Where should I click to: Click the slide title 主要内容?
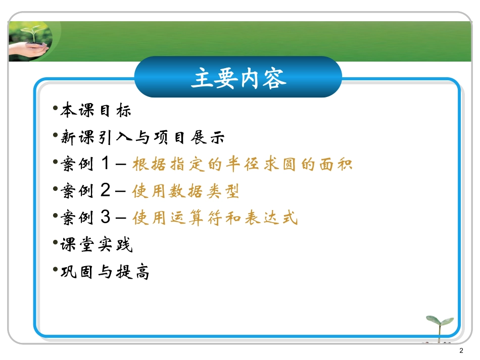238,78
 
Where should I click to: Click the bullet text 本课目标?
95,110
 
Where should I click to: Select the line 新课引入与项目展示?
142,137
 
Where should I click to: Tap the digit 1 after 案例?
106,164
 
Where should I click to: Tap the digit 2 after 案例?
106,191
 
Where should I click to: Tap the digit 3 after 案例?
106,218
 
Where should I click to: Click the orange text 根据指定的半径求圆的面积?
242,164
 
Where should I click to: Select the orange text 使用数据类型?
185,191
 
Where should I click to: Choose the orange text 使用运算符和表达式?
215,218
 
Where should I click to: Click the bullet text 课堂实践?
96,245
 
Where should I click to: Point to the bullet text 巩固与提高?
105,272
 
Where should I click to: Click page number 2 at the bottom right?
461,351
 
